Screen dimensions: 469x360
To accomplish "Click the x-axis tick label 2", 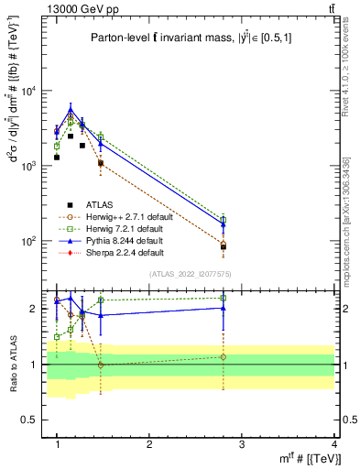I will click(x=149, y=443).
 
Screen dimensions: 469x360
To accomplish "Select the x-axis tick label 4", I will click(x=334, y=443).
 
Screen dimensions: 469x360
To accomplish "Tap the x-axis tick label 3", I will click(x=242, y=443).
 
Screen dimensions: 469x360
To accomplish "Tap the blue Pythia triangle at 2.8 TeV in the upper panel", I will click(x=224, y=224).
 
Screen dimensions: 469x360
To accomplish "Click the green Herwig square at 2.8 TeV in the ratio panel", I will click(x=224, y=298).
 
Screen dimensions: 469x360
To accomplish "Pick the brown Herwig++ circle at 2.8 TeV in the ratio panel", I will click(x=224, y=357).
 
